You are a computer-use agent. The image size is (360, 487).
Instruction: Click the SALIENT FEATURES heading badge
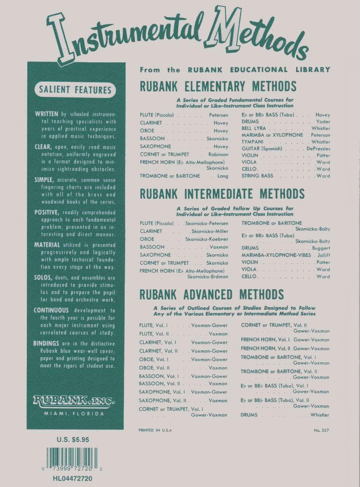[75, 90]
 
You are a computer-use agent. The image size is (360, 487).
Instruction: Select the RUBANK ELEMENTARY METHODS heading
[218, 87]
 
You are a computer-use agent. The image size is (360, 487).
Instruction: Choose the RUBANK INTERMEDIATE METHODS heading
[222, 194]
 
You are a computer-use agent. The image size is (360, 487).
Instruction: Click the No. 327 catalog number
[322, 431]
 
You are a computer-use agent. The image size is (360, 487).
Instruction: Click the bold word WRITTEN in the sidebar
[47, 113]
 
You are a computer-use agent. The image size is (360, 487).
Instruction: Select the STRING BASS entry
[257, 176]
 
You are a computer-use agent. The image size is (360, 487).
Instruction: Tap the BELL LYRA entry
[253, 129]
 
